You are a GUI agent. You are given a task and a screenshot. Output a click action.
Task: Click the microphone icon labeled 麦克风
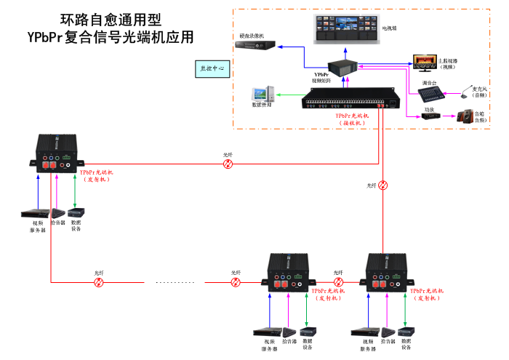468,84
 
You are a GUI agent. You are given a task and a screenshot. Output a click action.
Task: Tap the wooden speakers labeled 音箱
463,116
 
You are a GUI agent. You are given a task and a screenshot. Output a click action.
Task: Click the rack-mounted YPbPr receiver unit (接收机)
351,103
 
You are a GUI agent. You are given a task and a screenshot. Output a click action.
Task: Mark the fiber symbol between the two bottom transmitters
338,281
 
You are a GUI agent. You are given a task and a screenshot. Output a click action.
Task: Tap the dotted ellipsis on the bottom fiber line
174,281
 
